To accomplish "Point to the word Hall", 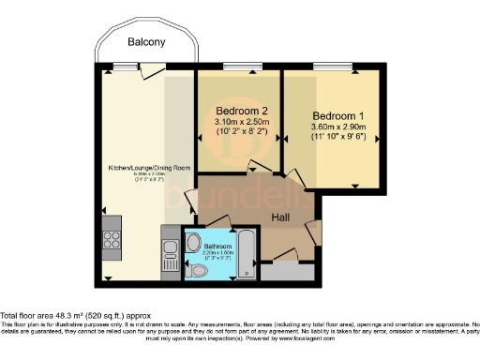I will tap(280, 217).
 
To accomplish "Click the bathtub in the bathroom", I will tap(245, 252).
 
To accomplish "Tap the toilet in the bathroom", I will tap(198, 270).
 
